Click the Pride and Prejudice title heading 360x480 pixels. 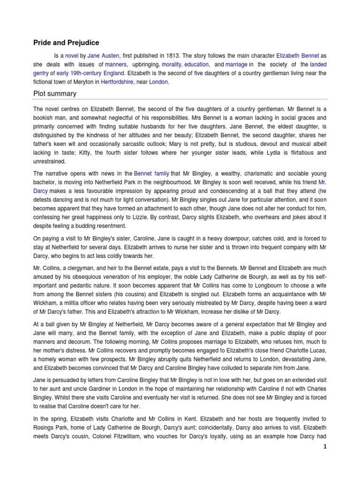point(66,43)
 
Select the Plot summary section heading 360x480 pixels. point(54,94)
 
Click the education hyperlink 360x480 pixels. point(196,64)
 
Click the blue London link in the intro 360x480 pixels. point(158,82)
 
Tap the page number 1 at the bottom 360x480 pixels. point(324,447)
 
